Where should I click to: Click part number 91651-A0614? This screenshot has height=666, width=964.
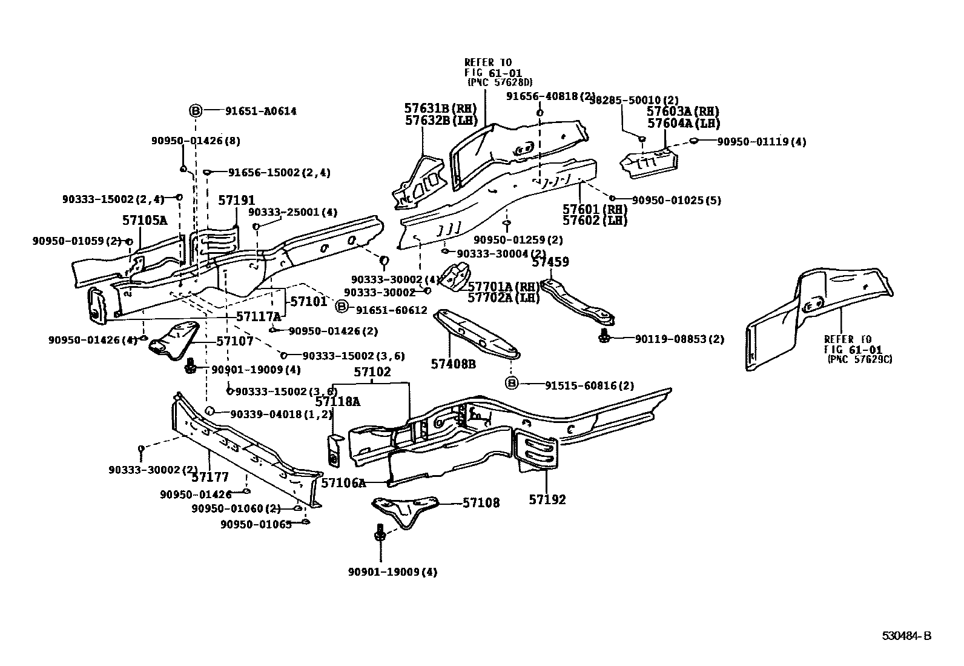(261, 112)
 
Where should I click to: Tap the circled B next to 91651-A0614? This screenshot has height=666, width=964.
(195, 111)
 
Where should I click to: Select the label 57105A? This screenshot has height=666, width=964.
(145, 221)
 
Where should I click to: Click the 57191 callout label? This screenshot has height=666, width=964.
(237, 201)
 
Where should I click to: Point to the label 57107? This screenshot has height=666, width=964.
(235, 341)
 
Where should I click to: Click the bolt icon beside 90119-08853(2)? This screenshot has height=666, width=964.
(604, 338)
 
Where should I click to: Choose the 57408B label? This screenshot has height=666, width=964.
(453, 364)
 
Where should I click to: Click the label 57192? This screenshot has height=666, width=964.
(547, 499)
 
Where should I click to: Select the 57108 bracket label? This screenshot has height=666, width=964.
(481, 502)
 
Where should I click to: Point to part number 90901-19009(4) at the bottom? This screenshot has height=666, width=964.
(392, 571)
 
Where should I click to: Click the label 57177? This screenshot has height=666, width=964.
(210, 478)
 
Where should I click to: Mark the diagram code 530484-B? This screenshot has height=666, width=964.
(906, 636)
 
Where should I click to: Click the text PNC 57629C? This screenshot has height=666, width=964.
(860, 359)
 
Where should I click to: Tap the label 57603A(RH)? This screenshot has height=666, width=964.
(683, 112)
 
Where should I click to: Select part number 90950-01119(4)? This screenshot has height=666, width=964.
(762, 142)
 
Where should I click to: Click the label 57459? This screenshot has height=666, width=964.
(550, 262)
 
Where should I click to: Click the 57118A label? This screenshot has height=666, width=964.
(337, 401)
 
